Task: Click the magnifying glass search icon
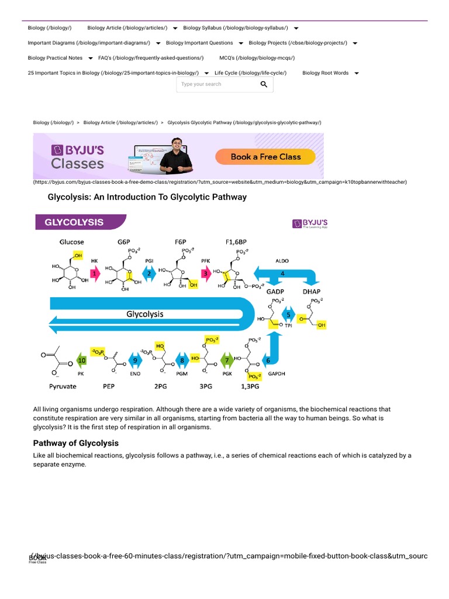(x=264, y=84)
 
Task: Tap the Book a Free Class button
(x=265, y=157)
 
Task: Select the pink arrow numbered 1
(x=94, y=273)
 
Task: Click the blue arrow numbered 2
(x=149, y=273)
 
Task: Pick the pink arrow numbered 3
(x=205, y=273)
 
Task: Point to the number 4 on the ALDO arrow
(x=282, y=273)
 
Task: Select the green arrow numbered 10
(x=82, y=360)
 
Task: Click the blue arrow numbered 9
(x=135, y=360)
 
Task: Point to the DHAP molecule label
(x=311, y=291)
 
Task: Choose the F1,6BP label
(x=236, y=242)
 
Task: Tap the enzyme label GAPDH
(x=277, y=373)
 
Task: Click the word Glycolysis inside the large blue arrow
(x=145, y=314)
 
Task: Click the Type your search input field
(x=216, y=84)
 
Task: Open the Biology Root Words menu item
(x=326, y=73)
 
